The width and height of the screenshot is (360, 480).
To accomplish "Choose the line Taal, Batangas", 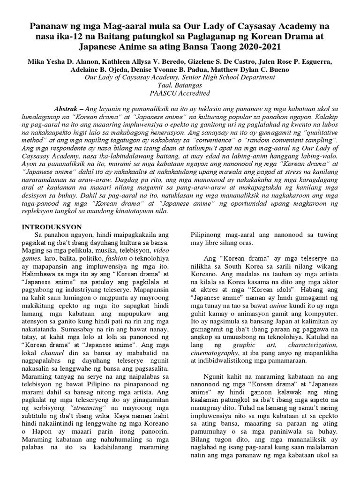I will [180, 85].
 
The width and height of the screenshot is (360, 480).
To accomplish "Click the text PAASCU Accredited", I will [180, 93].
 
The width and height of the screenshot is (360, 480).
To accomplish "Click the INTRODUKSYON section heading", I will [52, 226].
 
